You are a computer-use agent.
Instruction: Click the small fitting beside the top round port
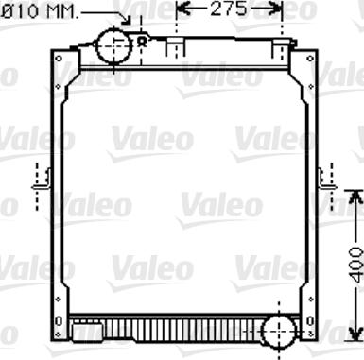tap(142, 42)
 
